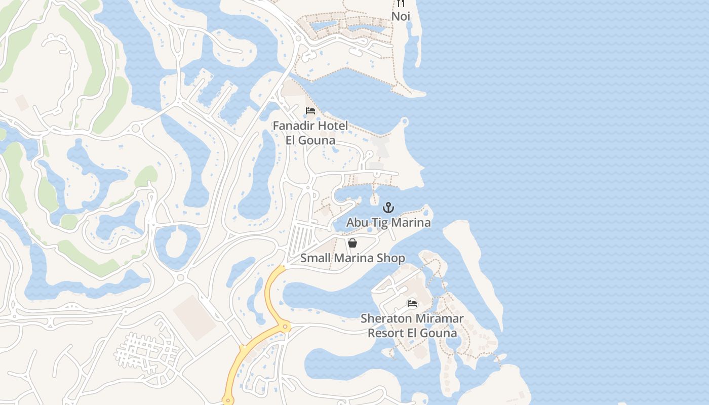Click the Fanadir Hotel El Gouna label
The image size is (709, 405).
point(310,133)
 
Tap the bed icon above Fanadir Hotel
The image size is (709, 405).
point(310,111)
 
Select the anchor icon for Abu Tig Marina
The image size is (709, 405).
point(388,207)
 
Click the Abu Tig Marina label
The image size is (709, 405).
point(388,222)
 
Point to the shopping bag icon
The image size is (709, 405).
point(352,243)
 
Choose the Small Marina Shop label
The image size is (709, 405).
point(352,258)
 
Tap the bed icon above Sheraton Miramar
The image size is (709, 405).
point(412,304)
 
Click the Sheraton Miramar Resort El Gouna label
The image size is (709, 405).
point(412,326)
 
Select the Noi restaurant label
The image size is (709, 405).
point(401,16)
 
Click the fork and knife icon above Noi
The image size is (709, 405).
point(401,4)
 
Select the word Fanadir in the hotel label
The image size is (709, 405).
point(293,126)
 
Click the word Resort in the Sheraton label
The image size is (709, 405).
point(386,333)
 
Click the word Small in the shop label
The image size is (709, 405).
point(314,258)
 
